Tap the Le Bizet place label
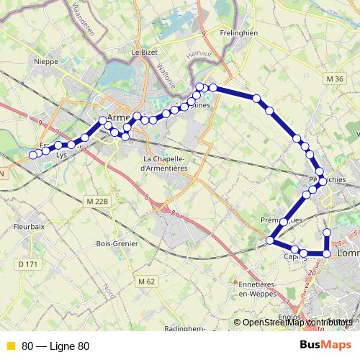(x=144, y=52)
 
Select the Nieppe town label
(x=45, y=61)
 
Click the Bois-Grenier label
(x=117, y=243)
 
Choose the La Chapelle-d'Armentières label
(x=166, y=163)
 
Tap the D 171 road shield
(x=28, y=264)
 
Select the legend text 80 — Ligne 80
(x=55, y=346)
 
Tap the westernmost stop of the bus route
(x=33, y=154)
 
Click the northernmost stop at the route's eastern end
(x=327, y=232)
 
